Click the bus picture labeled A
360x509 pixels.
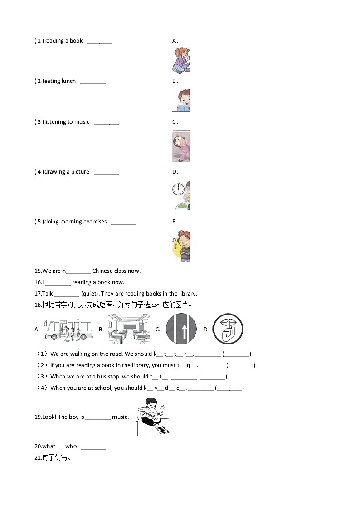(68, 330)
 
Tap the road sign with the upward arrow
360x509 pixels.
(180, 329)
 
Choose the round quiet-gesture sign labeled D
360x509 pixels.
(228, 329)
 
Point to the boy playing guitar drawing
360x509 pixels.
(154, 417)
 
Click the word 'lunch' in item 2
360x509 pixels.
(68, 81)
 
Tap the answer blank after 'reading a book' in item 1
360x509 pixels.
(99, 41)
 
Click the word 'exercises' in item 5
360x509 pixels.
(95, 222)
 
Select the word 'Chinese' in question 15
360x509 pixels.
(102, 271)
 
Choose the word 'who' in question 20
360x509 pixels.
(71, 446)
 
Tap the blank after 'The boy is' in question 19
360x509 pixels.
(98, 417)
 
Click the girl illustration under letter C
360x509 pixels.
(181, 147)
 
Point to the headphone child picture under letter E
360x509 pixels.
(181, 246)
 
